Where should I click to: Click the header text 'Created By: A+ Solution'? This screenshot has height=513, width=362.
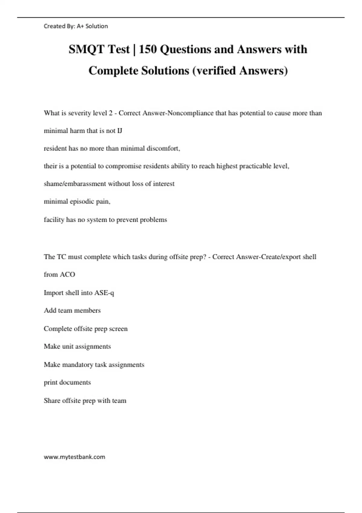tap(76, 26)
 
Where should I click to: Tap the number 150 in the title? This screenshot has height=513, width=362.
tap(148, 49)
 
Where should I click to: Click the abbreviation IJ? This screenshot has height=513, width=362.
tap(119, 131)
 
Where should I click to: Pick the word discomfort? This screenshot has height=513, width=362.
tap(163, 148)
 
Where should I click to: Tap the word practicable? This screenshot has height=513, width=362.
tap(256, 166)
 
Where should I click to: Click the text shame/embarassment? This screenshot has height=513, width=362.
tap(75, 184)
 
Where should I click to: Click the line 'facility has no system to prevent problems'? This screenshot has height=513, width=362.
tap(105, 220)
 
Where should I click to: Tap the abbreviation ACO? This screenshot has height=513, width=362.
tap(67, 275)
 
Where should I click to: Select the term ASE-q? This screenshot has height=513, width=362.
tap(104, 293)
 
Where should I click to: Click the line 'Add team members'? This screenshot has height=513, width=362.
tap(72, 311)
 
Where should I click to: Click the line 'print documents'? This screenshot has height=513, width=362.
tap(67, 382)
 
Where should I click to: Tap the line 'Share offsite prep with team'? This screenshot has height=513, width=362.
tap(85, 401)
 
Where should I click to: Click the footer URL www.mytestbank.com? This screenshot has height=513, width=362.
tap(75, 457)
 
